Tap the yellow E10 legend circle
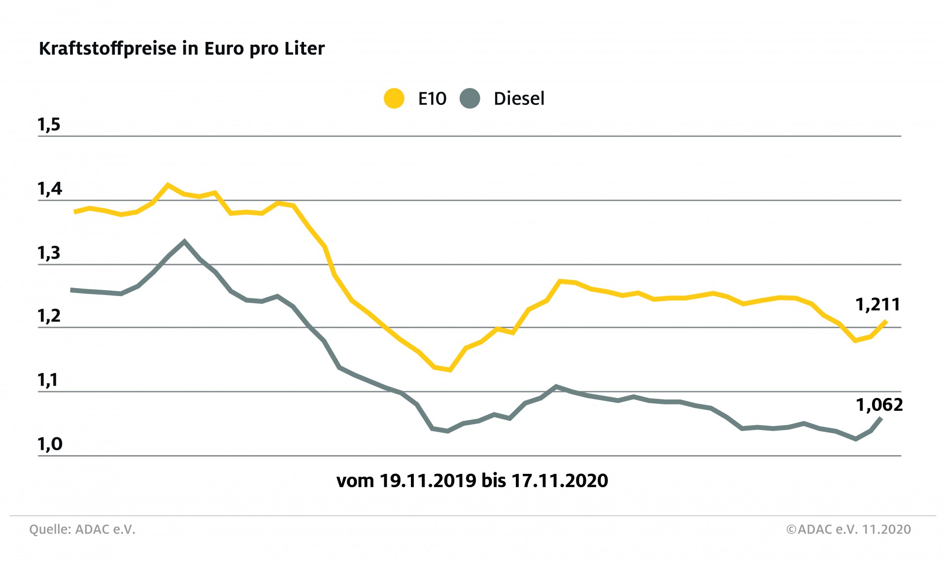click(x=394, y=99)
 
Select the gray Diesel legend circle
click(x=470, y=99)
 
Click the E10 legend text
click(x=432, y=99)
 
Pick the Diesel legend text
click(x=519, y=99)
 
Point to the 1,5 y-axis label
click(x=49, y=125)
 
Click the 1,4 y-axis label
click(x=50, y=189)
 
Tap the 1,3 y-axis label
click(x=49, y=253)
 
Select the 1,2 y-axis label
click(x=49, y=316)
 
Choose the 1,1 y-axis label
click(x=48, y=380)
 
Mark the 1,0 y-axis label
click(x=50, y=444)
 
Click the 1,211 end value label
click(x=878, y=305)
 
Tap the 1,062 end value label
click(x=879, y=405)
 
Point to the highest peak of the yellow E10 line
click(x=168, y=185)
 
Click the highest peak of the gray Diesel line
click(x=184, y=241)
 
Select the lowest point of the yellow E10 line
click(x=450, y=369)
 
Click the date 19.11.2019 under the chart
click(x=428, y=481)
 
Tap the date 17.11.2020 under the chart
click(x=560, y=481)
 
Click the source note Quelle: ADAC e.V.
click(x=82, y=530)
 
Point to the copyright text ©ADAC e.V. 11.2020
click(x=848, y=530)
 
